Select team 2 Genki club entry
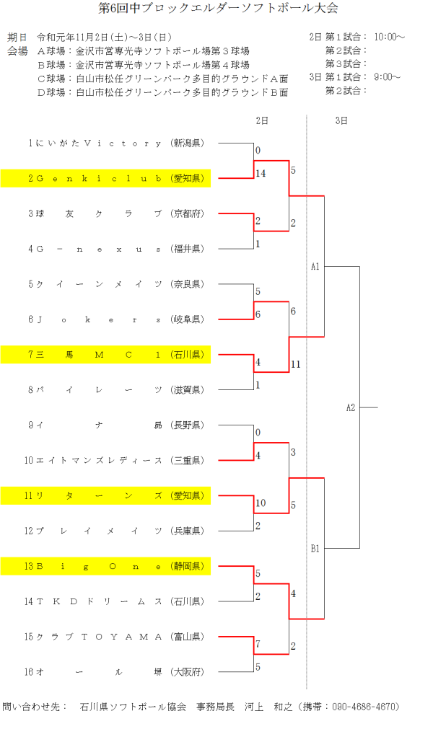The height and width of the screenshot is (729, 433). click(105, 178)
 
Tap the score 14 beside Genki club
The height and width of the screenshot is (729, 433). click(261, 174)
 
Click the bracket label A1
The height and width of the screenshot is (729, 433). click(315, 267)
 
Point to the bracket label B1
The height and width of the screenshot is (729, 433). click(315, 549)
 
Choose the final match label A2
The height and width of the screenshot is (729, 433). click(351, 408)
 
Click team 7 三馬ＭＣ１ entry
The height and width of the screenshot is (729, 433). click(105, 355)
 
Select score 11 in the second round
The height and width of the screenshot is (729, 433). click(296, 364)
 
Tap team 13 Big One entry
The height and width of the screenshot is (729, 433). click(105, 566)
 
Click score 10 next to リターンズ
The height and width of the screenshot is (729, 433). click(261, 503)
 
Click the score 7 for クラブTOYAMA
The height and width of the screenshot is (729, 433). click(258, 643)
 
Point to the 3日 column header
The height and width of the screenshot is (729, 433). click(341, 120)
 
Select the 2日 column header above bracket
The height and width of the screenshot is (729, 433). click(261, 120)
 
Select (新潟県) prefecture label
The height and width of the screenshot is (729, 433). click(188, 143)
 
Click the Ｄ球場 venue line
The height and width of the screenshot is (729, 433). click(162, 92)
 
